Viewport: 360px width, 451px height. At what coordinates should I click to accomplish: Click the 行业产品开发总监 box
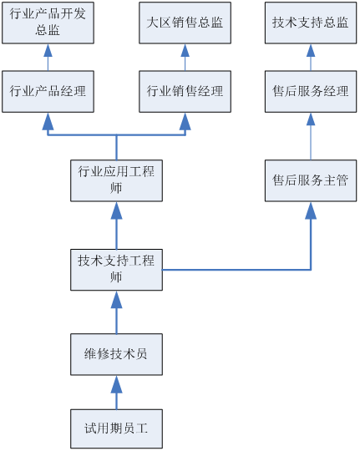[48, 23]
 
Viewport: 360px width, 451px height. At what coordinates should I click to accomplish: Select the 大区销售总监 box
[185, 23]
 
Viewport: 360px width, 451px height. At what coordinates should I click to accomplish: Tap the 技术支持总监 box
[311, 23]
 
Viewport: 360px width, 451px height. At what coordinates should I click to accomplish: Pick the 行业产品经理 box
[48, 92]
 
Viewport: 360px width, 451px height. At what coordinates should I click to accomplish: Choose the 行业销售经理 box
[185, 92]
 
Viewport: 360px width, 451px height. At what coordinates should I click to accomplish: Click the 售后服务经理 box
[311, 92]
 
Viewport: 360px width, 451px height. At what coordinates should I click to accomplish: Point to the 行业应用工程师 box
[117, 180]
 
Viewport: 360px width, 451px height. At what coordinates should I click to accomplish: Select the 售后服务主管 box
[311, 180]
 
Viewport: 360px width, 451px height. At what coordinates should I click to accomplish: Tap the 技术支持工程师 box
[117, 270]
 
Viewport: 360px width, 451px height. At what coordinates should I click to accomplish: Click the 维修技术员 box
[117, 354]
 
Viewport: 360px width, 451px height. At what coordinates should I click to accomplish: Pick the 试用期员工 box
[117, 428]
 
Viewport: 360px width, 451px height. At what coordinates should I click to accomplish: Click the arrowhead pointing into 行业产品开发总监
[48, 50]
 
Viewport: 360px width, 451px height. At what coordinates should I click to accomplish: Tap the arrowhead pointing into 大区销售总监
[185, 50]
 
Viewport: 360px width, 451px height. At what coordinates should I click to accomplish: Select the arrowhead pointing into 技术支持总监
[311, 50]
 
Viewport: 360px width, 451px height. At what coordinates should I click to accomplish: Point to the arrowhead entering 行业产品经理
[48, 121]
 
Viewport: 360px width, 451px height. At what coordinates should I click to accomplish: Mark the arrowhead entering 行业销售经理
[185, 121]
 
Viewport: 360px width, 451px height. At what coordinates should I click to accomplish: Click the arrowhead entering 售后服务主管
[311, 210]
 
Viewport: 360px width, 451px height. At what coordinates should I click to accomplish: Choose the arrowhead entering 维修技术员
[117, 384]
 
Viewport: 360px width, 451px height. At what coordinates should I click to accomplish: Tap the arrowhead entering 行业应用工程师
[117, 210]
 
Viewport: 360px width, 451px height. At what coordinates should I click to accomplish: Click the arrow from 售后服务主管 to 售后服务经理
[311, 136]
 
